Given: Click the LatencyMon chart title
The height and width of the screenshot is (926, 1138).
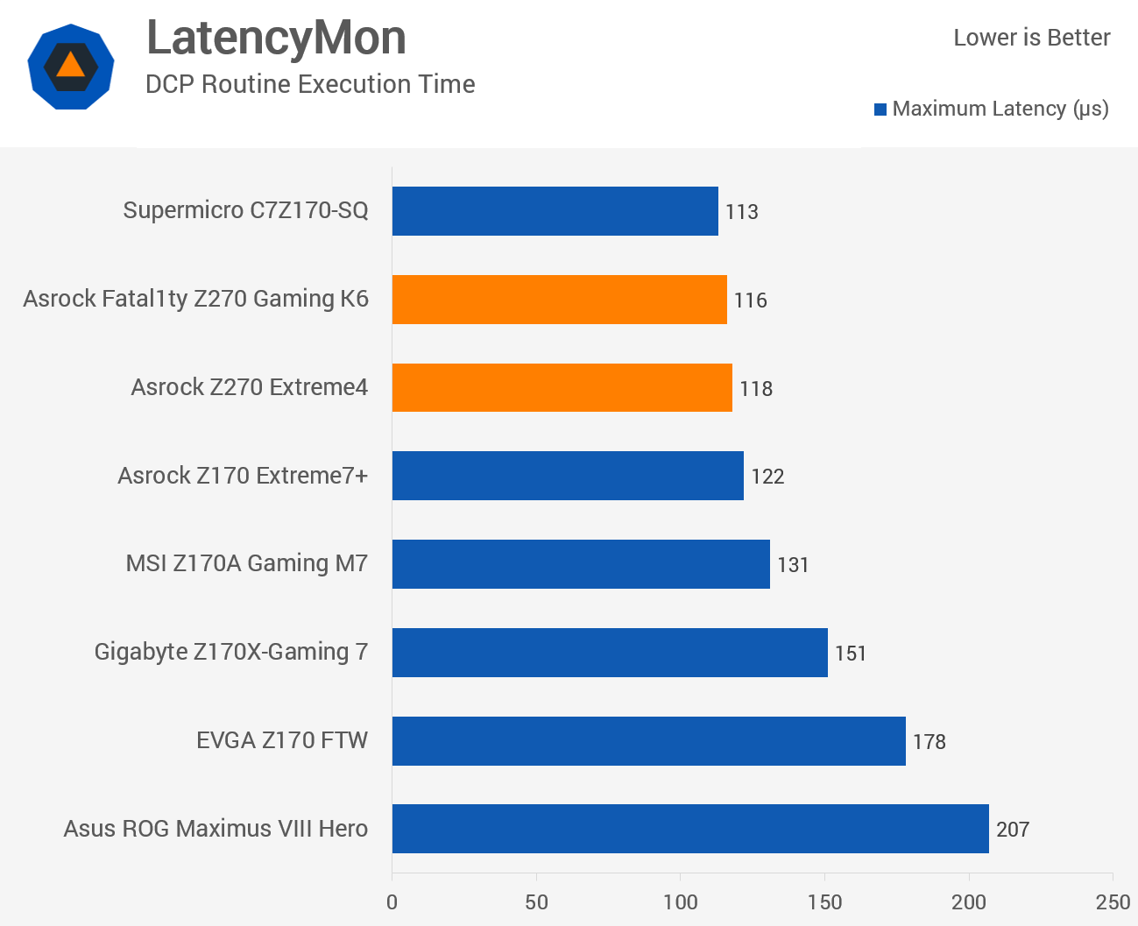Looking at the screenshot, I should pos(276,38).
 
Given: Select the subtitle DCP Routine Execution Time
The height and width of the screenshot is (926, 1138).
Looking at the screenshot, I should pos(310,84).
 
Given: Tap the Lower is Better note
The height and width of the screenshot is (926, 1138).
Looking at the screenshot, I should pos(1031,38).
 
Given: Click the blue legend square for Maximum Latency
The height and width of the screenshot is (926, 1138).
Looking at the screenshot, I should pos(880,110).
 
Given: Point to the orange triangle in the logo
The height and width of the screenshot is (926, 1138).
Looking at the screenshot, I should pos(70,65).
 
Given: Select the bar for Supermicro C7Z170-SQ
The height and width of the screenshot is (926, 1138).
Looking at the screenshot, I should pos(555,211).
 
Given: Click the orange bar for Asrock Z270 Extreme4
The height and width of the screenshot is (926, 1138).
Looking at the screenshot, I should pos(562,387).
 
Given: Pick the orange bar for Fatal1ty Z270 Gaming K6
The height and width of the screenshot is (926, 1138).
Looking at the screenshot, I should pos(559,300).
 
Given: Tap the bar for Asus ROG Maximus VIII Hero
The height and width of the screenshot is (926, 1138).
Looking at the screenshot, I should pos(689,829).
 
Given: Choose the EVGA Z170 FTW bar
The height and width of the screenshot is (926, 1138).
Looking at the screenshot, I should pos(648,741).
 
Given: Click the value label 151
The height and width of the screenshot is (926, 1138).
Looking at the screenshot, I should pos(850,654).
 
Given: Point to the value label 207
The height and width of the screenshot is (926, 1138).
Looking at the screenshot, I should pos(1012,830).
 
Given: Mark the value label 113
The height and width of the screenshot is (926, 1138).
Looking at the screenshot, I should pos(741,212).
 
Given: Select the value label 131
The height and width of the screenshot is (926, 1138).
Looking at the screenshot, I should pos(793,565).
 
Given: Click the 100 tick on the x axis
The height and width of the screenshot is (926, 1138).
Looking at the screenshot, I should pos(680,902).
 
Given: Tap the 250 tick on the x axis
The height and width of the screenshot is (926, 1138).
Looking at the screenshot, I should pos(1113,902).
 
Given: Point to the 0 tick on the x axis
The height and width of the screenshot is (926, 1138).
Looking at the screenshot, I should pos(392,902).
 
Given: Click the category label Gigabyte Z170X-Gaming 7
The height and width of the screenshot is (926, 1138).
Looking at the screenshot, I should pos(231,652).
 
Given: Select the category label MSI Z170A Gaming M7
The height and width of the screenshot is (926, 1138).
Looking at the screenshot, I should pos(247,563).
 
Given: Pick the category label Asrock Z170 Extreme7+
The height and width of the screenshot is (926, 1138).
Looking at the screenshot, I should pos(243,476).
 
